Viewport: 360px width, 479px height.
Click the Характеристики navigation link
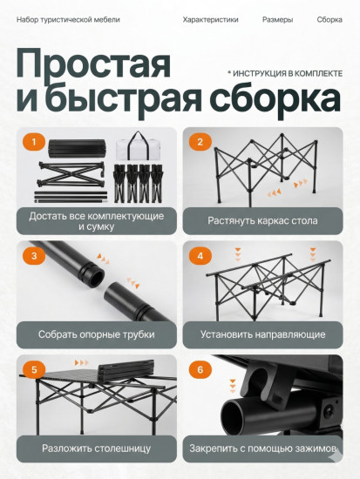[210, 19]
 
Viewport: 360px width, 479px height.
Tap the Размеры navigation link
[277, 19]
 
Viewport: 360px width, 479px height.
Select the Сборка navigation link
[329, 19]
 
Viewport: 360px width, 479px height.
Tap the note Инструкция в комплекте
[285, 74]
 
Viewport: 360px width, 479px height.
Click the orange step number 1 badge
[34, 142]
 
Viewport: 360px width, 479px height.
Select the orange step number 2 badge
[200, 142]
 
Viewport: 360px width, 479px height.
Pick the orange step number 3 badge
[34, 255]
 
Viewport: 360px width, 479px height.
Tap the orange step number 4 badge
[200, 255]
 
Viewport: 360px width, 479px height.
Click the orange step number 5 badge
[34, 369]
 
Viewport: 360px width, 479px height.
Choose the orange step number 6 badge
[200, 369]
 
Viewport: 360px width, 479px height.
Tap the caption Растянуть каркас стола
[262, 220]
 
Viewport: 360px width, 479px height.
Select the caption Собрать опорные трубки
[96, 334]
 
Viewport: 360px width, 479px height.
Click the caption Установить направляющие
[262, 334]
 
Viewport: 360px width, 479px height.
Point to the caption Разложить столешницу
[96, 449]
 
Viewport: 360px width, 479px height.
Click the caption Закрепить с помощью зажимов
[262, 449]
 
